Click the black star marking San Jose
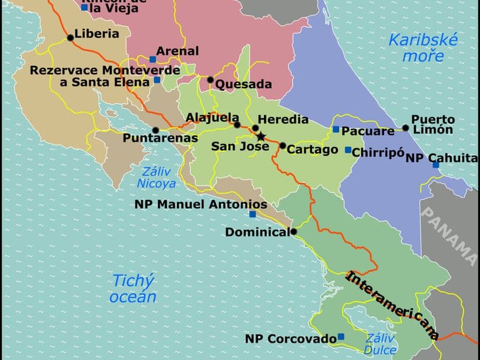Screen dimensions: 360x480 point(260,137)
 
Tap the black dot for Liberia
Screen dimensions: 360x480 point(70,38)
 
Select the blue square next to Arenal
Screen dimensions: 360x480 point(152,59)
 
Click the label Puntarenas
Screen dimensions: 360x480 point(160,138)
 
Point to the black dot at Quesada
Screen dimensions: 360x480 point(211,80)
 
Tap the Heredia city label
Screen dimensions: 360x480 point(283,119)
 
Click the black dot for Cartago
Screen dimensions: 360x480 point(283,145)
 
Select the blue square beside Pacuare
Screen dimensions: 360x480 point(336,129)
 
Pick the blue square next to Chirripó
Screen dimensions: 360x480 point(348,150)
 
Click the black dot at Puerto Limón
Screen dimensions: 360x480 point(406,127)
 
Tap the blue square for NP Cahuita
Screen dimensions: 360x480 point(436,164)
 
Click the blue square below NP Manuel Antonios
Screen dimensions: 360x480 point(253,214)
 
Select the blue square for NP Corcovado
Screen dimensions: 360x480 point(341,337)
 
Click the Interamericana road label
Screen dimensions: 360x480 point(393,306)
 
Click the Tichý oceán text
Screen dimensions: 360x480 point(134,288)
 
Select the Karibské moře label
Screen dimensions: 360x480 point(423,48)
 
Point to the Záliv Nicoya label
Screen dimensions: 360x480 point(157,178)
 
